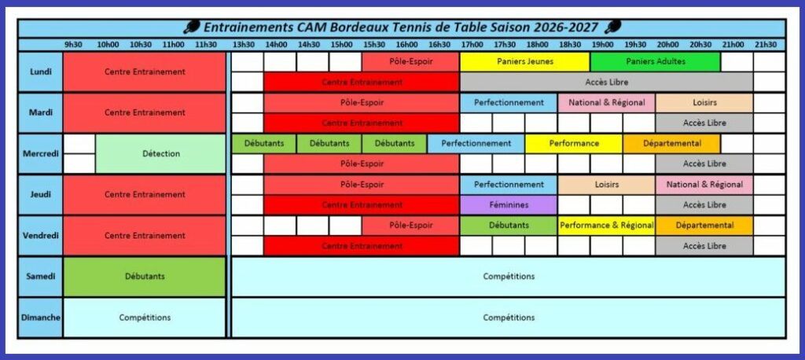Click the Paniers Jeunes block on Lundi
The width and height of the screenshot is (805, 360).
point(524,61)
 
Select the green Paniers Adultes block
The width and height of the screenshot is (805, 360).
point(655,61)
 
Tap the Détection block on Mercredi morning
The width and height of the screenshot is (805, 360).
point(160,153)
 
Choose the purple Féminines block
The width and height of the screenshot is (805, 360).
point(509,205)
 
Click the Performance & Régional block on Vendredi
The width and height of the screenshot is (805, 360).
point(606,226)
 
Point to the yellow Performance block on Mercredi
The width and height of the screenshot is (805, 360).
point(573,144)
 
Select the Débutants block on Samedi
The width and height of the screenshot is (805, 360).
point(145,277)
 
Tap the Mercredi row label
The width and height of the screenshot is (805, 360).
point(40,153)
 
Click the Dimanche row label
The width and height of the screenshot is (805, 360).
point(40,318)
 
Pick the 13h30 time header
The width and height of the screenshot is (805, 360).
point(244,45)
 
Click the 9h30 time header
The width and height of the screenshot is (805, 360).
point(73,45)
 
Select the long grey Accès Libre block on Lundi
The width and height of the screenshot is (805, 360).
point(606,83)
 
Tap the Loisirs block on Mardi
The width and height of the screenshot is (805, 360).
point(704,103)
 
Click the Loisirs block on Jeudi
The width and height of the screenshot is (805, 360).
point(606,185)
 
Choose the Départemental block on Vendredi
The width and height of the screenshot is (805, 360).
point(704,226)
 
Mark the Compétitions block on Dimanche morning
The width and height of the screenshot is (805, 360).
point(145,318)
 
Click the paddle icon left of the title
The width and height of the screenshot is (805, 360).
point(192,27)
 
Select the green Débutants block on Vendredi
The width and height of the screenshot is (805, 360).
point(509,226)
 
